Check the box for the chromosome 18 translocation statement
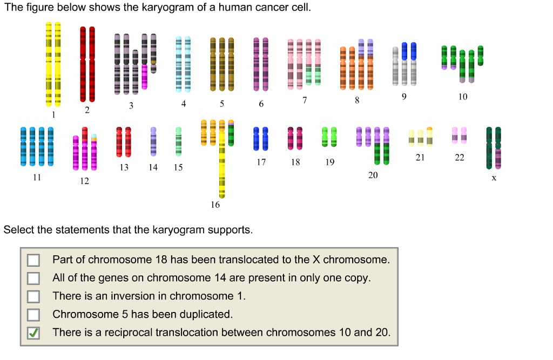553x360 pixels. pos(33,260)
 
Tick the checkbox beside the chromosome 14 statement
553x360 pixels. pos(33,279)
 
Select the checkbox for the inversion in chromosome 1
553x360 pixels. pos(33,296)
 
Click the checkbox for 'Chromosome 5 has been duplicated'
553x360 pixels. pos(33,315)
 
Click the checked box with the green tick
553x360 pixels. pos(33,333)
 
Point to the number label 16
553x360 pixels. pos(215,205)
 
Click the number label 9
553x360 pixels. pos(404,97)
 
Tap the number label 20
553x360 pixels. pos(373,175)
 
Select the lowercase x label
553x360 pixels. pos(494,178)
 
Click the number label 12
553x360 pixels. pos(84,181)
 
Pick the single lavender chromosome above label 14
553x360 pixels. pos(153,141)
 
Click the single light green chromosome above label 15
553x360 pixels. pos(178,141)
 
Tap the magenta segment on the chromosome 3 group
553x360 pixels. pos(144,77)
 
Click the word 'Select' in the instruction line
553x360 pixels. pos(18,230)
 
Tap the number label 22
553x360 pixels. pos(459,158)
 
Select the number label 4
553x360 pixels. pos(184,104)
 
